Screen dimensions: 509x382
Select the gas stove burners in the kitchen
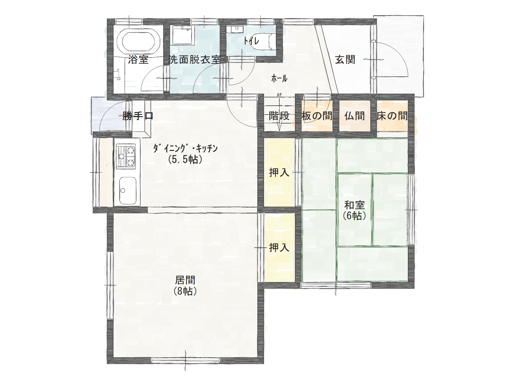[126, 156]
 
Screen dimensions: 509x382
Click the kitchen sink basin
[128, 191]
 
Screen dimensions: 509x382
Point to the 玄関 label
[345, 60]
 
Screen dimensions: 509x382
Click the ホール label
[279, 79]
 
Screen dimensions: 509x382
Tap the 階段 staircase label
[279, 116]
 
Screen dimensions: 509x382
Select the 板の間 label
[317, 116]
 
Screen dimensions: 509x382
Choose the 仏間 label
[355, 116]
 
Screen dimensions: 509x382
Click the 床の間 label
[392, 116]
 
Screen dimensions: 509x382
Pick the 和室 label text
[355, 205]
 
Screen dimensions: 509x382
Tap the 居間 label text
[185, 280]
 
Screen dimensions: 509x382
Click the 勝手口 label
[138, 116]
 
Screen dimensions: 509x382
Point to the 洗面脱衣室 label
[194, 60]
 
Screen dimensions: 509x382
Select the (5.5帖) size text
[185, 159]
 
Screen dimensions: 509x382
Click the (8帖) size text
[185, 291]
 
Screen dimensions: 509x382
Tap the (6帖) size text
[355, 216]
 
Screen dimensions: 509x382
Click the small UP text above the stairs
[279, 95]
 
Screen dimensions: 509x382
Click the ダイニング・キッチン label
[185, 148]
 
